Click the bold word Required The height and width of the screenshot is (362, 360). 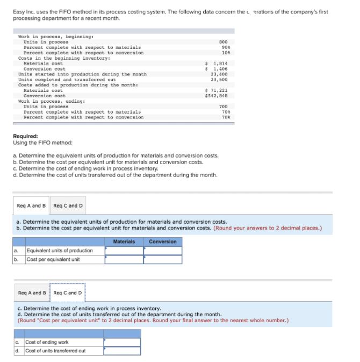pyautogui.click(x=25, y=137)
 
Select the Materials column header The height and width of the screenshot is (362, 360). pyautogui.click(x=124, y=242)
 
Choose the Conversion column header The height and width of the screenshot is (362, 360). pyautogui.click(x=162, y=242)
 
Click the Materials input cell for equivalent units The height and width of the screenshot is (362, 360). pyautogui.click(x=124, y=251)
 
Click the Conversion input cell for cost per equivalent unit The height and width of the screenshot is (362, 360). pyautogui.click(x=162, y=259)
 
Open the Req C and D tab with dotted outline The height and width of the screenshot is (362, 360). pyautogui.click(x=68, y=293)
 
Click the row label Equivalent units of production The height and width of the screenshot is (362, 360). pyautogui.click(x=60, y=251)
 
